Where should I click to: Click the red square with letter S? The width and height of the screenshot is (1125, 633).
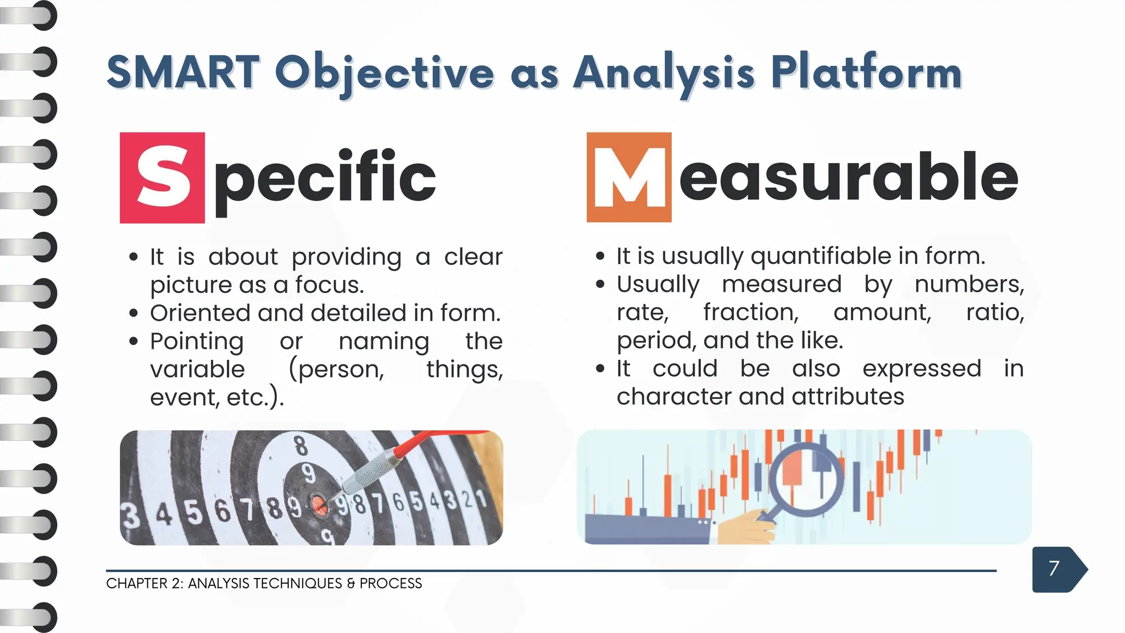tap(162, 177)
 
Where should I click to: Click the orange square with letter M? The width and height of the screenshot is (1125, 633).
tap(629, 177)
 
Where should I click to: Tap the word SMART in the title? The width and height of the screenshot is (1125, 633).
tap(183, 73)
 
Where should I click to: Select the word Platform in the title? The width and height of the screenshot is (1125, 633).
tap(866, 73)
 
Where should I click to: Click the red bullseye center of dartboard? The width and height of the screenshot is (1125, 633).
tap(319, 506)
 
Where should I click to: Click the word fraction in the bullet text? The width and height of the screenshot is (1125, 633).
tap(750, 313)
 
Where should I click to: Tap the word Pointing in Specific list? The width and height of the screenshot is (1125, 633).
tap(197, 342)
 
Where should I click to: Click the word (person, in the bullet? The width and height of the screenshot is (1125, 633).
tap(336, 370)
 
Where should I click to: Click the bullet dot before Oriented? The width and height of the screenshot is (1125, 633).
tap(133, 314)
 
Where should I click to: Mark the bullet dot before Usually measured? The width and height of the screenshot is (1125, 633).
tap(600, 284)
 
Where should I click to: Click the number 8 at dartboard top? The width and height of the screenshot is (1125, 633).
tap(300, 446)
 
